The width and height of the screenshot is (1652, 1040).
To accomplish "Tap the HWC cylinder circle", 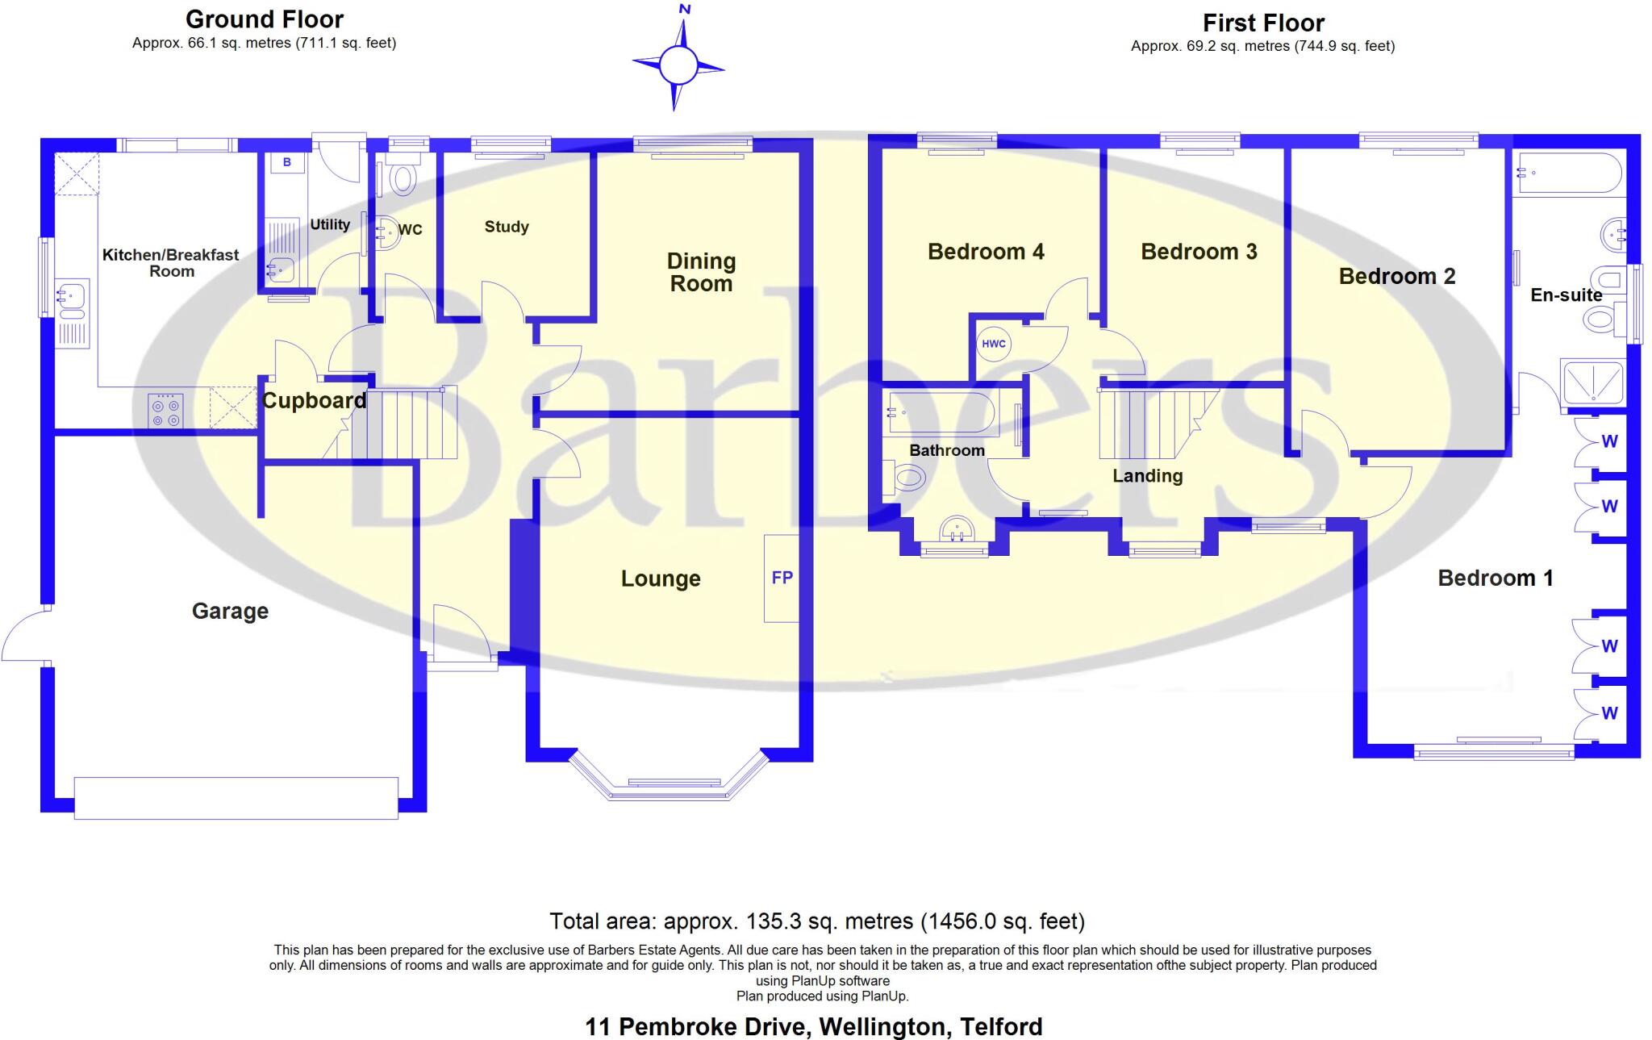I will (994, 344).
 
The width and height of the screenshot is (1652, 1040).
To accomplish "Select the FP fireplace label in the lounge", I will (782, 578).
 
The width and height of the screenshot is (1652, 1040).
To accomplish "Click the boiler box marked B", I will (287, 163).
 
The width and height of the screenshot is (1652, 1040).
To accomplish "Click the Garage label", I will (230, 611).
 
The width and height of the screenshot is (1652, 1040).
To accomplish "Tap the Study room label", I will (507, 227).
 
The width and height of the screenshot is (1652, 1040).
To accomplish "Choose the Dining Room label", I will (701, 272).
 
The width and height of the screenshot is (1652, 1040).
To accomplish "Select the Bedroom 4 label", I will (986, 252).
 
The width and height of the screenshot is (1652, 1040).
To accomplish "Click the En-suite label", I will (1566, 295).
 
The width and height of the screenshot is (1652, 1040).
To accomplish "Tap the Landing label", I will (1147, 476).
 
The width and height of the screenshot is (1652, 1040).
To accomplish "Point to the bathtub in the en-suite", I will (1568, 173).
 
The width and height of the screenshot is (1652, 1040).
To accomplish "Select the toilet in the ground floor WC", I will (403, 178).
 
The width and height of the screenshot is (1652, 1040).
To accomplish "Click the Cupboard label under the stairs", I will (314, 400).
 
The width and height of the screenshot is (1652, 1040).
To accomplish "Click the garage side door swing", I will (24, 637).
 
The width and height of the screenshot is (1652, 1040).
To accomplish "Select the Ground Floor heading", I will (265, 19).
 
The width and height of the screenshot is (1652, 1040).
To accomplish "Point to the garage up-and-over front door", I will (236, 798).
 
